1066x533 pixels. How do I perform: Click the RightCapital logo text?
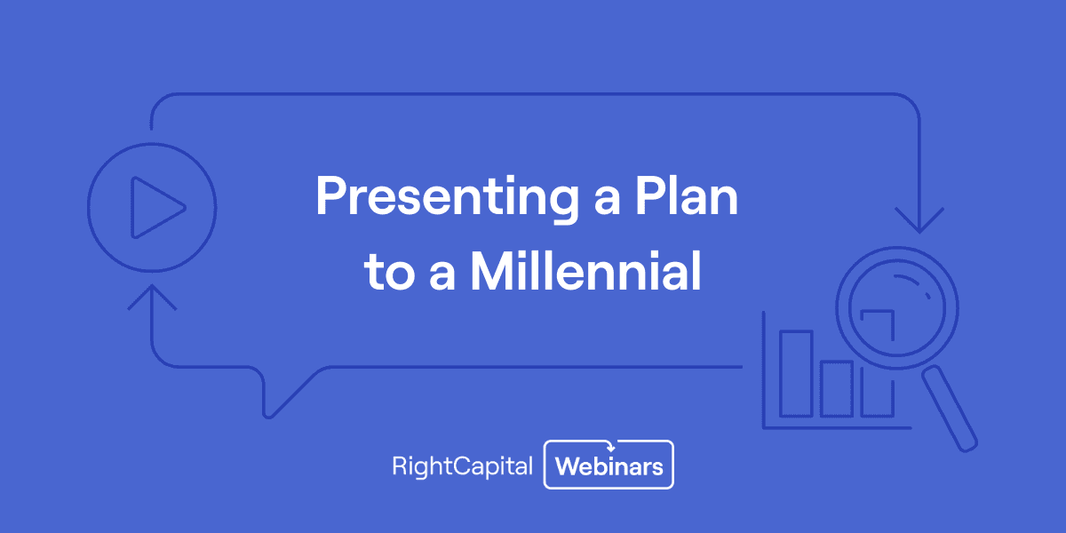[x=462, y=465]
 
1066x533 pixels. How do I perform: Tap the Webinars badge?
[x=609, y=465]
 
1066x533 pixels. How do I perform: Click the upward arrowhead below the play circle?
[x=152, y=297]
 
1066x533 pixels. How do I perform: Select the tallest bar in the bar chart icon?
[x=795, y=373]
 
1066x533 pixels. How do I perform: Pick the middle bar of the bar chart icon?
[x=836, y=388]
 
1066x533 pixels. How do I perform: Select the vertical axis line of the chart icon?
[x=764, y=369]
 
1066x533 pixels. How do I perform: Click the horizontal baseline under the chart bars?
[x=835, y=427]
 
